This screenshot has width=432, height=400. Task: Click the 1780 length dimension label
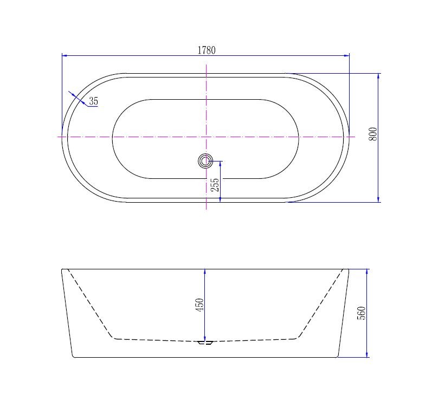point(207,50)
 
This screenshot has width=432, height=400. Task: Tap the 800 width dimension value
point(372,134)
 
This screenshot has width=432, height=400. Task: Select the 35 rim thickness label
point(93,101)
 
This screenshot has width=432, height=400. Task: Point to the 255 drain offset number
point(215,185)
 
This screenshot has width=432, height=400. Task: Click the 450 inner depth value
point(199,305)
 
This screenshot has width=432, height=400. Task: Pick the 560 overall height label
point(361,313)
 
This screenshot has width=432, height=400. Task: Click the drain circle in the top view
point(205,160)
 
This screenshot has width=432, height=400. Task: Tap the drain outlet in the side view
point(205,343)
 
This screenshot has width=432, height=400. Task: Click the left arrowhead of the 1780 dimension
point(65,56)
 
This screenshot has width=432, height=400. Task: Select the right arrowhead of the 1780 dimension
point(346,56)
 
